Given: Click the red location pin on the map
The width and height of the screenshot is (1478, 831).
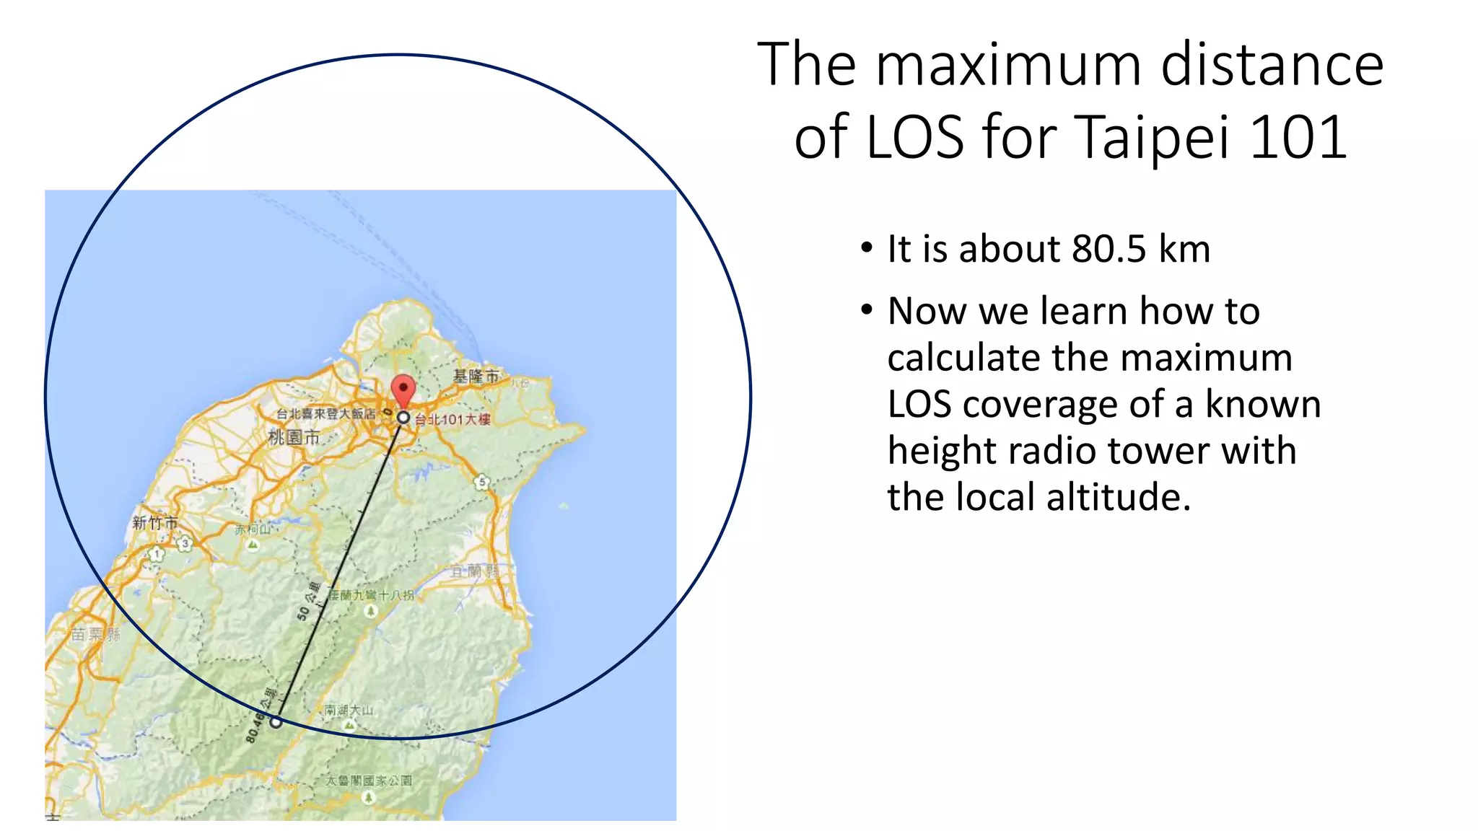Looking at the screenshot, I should tap(403, 390).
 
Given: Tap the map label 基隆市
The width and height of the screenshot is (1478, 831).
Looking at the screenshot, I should tap(476, 377).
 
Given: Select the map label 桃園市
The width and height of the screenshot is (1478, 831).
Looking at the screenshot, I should tap(294, 436).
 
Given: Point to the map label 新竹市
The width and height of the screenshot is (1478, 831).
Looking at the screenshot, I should tap(154, 523).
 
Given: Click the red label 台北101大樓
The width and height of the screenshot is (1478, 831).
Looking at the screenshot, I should tap(452, 420).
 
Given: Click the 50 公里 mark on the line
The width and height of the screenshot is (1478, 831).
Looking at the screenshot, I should tap(309, 601).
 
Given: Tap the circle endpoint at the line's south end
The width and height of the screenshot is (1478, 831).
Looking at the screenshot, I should tap(276, 721).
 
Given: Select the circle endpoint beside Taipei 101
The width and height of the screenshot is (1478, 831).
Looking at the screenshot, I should tap(403, 417).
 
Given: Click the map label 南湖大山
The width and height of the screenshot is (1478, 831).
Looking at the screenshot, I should tap(349, 711).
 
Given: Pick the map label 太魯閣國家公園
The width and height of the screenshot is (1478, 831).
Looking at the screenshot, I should tap(369, 781).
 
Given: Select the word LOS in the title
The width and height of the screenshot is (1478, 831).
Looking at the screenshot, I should tap(914, 136).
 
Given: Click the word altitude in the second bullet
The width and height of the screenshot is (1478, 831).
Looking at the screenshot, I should tap(1118, 497).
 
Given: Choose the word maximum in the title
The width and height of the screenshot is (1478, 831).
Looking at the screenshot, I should tap(1009, 65).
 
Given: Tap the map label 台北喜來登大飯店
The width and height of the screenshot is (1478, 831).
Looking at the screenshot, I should tap(326, 413).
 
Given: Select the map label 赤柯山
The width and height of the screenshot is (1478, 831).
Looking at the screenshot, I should tap(253, 529).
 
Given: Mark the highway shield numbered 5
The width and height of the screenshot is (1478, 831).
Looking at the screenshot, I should tap(482, 482).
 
